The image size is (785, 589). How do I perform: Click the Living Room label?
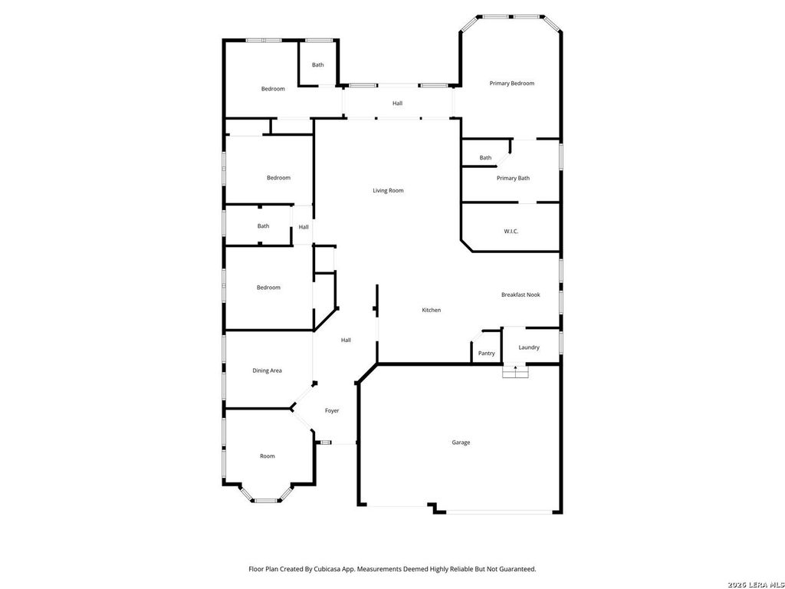pos(388,190)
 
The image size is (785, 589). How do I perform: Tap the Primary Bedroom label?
pos(511,83)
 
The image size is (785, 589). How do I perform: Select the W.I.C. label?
pos(511,231)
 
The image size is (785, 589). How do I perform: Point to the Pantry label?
pos(486,353)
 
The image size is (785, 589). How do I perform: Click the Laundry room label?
pos(529,347)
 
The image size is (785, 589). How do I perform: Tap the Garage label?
pos(461,443)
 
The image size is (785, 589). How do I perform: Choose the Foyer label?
pos(332,411)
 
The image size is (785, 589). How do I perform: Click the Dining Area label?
pos(267,370)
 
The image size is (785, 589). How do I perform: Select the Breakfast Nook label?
pos(521,294)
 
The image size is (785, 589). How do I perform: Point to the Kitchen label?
pos(431,310)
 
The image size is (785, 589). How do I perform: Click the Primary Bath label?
pos(513,178)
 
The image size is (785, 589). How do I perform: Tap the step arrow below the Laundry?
pos(516,370)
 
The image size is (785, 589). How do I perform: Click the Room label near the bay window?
pos(268,456)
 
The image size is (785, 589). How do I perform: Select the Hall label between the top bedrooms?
pos(397,104)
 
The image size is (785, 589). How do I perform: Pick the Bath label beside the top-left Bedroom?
pos(318,64)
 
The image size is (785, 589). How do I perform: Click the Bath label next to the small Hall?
pos(264,226)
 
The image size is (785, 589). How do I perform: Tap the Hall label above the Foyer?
pos(346,340)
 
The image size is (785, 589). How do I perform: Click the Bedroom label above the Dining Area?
pos(268,288)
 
